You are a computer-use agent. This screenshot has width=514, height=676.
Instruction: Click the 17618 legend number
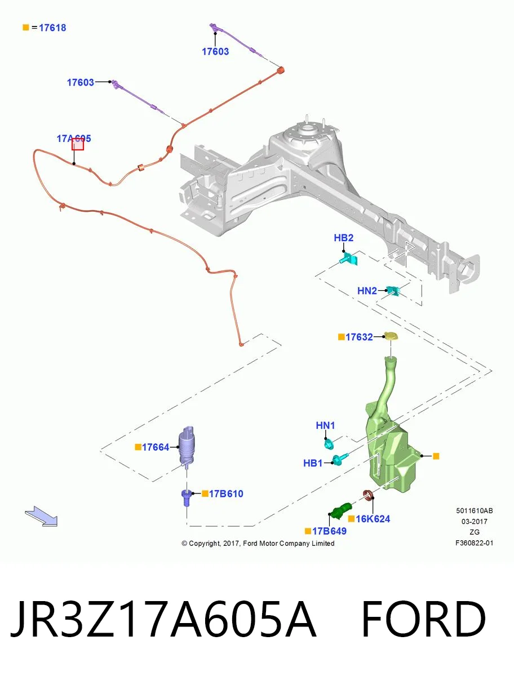point(52,28)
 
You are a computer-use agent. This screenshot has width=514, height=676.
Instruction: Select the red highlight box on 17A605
point(78,144)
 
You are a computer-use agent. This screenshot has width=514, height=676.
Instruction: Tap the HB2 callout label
point(343,238)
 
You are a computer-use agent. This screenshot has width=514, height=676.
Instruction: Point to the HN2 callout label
point(367,291)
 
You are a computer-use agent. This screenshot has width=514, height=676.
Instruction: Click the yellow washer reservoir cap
point(391,336)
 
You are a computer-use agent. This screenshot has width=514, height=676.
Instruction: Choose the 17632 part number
point(359,337)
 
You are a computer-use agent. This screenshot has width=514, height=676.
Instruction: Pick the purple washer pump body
point(187,446)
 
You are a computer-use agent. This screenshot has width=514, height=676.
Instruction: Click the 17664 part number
point(156,447)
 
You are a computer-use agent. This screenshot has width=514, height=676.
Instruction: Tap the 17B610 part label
point(226,493)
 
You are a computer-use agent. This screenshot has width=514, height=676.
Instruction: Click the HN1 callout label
point(325,425)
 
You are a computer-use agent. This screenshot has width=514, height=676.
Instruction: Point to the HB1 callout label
point(313,463)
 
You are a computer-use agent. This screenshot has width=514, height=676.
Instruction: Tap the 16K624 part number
point(373,519)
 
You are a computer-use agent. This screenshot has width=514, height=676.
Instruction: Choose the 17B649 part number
point(329,531)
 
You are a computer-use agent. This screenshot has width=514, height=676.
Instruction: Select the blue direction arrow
point(41,517)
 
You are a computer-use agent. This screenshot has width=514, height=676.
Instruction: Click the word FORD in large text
point(423,619)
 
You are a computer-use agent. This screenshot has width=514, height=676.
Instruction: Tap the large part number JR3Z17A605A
point(163,619)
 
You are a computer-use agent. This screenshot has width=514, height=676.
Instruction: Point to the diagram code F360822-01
point(475,543)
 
